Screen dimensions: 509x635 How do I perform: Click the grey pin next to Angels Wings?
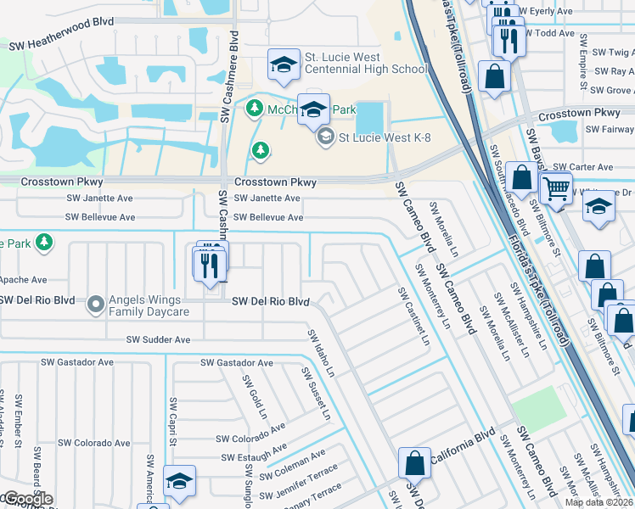[x=95, y=302]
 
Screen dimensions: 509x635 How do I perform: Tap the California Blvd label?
[x=462, y=459]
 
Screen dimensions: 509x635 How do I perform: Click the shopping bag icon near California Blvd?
[x=415, y=463]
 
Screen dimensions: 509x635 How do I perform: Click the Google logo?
[x=27, y=499]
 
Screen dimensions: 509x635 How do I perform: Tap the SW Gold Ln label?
[x=254, y=399]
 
